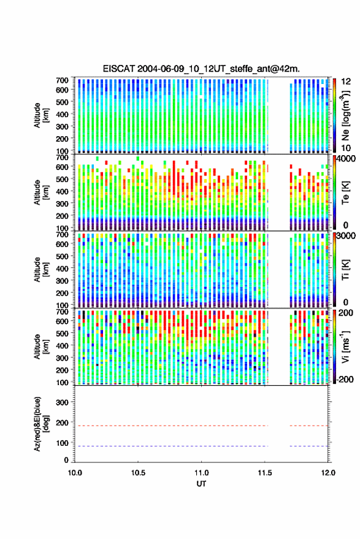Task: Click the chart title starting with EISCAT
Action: [x=201, y=69]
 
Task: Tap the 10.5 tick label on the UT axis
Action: [x=138, y=473]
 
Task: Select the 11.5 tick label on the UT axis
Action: [x=264, y=473]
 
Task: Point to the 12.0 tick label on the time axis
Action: [x=328, y=473]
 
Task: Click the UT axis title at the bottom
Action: [x=201, y=484]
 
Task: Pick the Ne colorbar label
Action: [x=345, y=115]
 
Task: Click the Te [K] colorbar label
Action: [x=345, y=193]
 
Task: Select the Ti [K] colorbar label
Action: [x=345, y=270]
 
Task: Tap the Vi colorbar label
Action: [x=345, y=346]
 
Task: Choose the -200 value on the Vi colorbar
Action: [x=345, y=379]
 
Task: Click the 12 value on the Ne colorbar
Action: [x=346, y=82]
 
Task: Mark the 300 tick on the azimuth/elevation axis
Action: [x=62, y=402]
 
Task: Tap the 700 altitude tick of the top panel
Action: [x=62, y=80]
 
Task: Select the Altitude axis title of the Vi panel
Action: [x=41, y=346]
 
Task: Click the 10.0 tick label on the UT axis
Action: [x=75, y=473]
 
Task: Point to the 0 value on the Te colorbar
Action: [x=346, y=225]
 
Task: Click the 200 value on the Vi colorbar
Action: [x=346, y=313]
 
